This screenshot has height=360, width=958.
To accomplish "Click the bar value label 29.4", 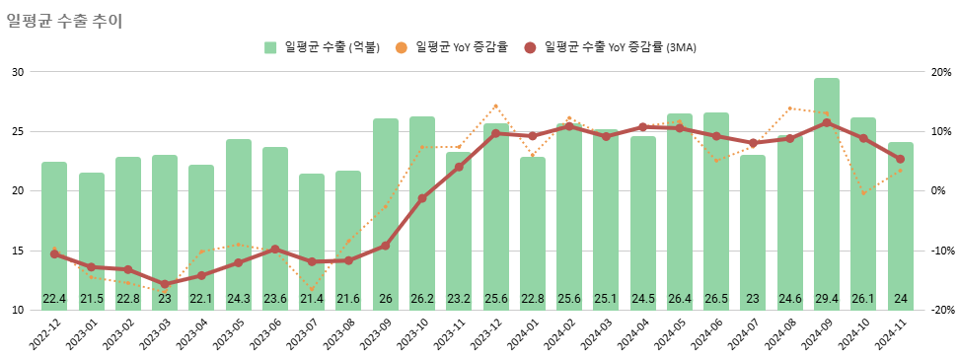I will [x=827, y=299].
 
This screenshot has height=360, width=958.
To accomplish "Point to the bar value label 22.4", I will [x=54, y=299].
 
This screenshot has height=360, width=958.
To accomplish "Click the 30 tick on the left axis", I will [x=19, y=72].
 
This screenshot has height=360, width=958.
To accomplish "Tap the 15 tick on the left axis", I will [x=19, y=251].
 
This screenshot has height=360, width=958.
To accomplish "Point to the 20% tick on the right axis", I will [x=939, y=72].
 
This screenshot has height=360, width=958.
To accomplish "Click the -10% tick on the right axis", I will [x=938, y=251].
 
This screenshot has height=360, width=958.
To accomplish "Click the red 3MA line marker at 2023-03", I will [x=165, y=285].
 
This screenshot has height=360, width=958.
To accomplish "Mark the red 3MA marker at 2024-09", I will [x=827, y=123].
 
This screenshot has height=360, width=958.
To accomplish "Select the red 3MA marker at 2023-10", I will [x=422, y=198].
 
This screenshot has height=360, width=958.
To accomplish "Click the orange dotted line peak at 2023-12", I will [x=495, y=106].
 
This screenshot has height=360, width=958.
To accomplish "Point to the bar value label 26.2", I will [x=422, y=299].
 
